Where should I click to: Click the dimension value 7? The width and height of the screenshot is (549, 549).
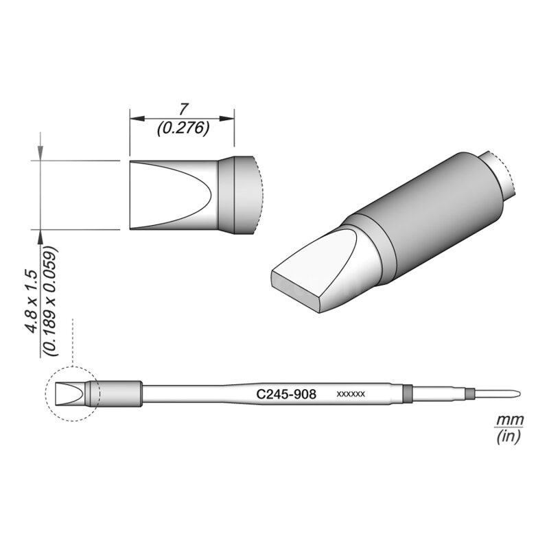coord(183,109)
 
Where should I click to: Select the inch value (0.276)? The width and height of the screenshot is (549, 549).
coord(183,128)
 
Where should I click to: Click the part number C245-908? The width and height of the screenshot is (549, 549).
coord(285,395)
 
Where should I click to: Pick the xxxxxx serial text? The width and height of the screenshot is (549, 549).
coord(350,395)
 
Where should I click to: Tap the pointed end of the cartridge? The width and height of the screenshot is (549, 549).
coord(518,394)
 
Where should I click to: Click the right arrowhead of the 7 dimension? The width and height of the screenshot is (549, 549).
coord(231,118)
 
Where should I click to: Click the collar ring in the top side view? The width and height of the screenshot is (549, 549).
coord(237,195)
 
